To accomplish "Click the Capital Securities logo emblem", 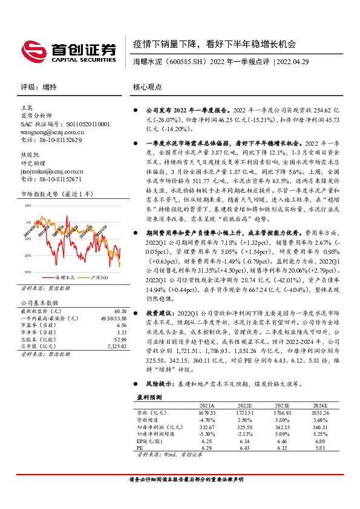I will click(31, 49).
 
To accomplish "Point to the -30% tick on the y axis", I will click(27, 272).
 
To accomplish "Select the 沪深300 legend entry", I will click(96, 277).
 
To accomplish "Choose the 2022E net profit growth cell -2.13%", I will click(246, 433).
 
